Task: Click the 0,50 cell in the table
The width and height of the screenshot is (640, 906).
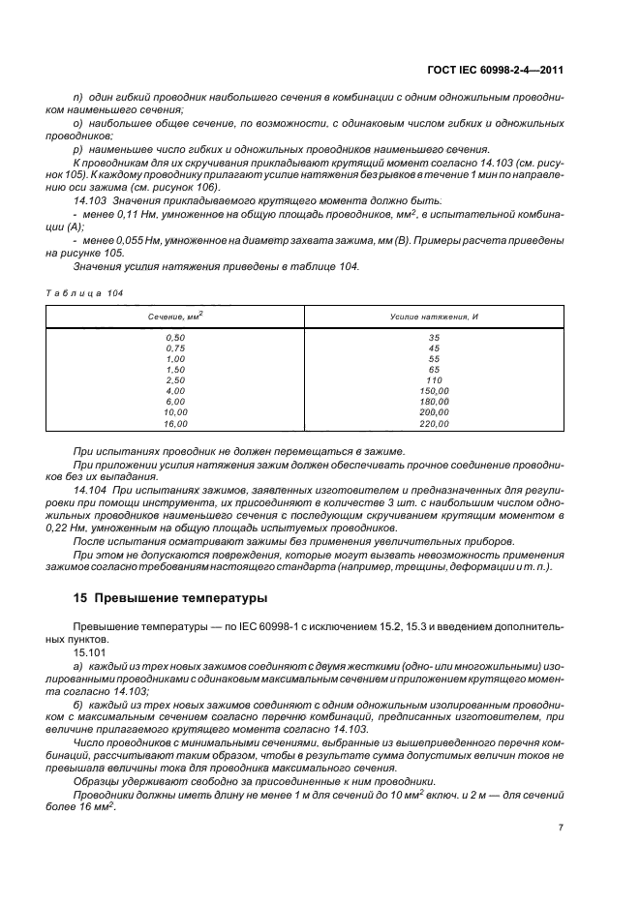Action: [x=175, y=338]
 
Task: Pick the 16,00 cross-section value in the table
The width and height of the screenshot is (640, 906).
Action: [x=175, y=424]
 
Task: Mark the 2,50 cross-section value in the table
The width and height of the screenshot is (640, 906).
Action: [x=175, y=380]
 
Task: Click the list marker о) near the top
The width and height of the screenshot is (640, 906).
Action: [x=77, y=124]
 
